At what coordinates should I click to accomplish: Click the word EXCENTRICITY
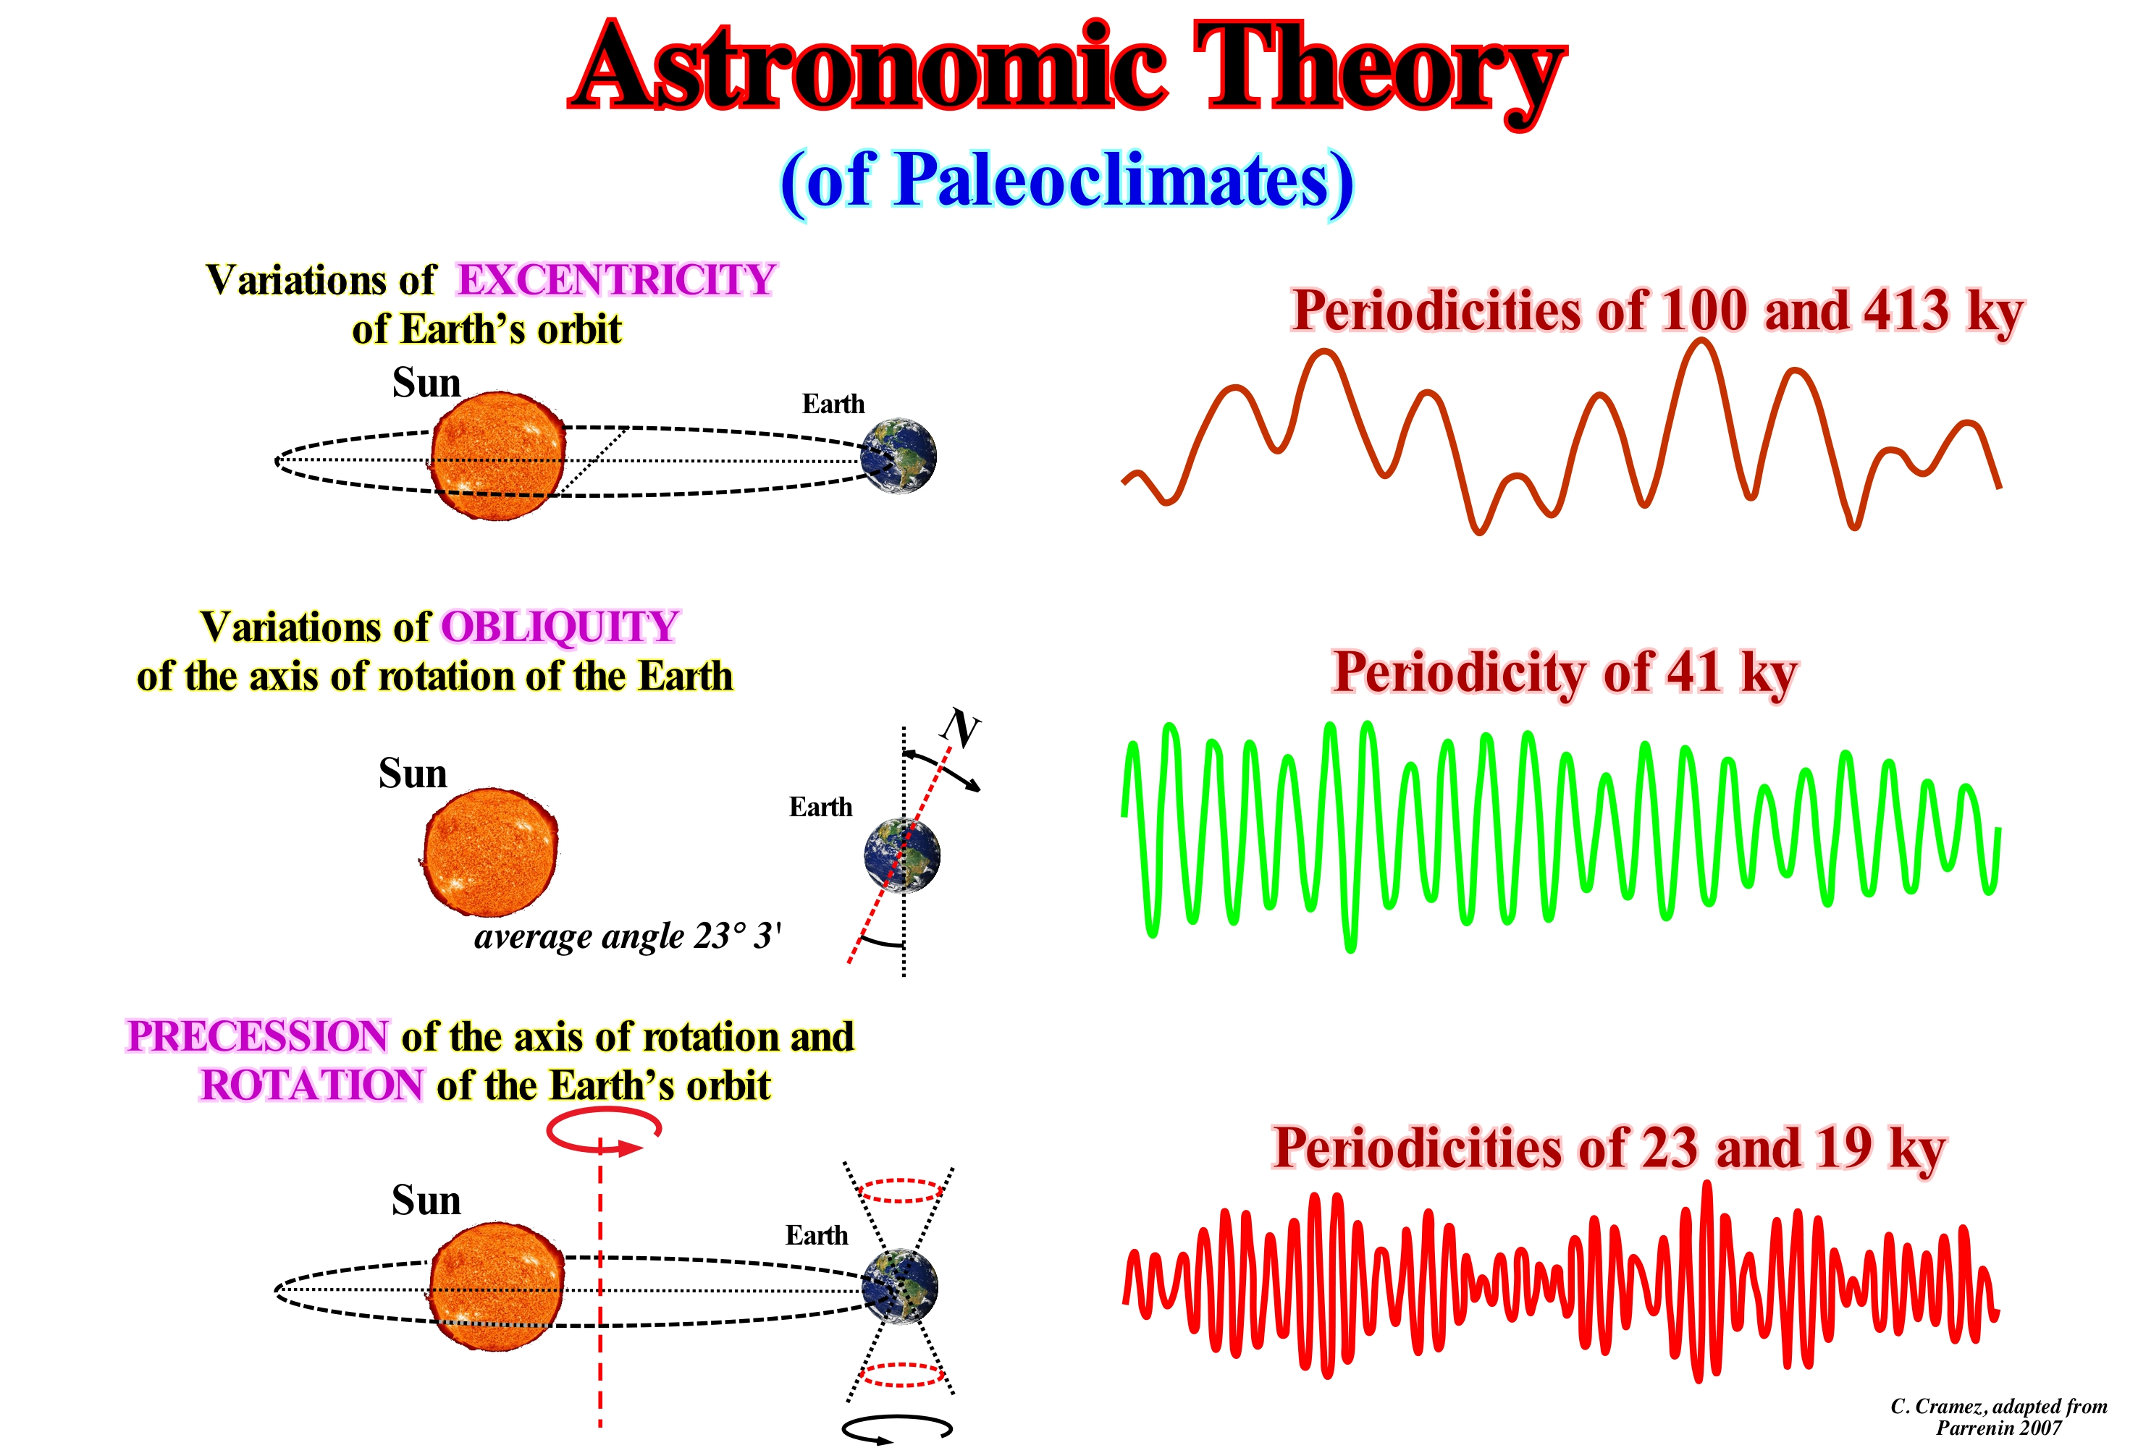[616, 279]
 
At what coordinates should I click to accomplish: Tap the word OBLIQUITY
[560, 627]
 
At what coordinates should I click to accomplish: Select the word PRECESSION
[258, 1036]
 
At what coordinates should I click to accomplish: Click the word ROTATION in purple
[313, 1085]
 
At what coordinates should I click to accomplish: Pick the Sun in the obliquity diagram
[489, 852]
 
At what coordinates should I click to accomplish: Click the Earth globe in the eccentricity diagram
[898, 456]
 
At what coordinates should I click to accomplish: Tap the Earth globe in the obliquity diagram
[903, 855]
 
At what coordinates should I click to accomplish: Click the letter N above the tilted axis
[961, 729]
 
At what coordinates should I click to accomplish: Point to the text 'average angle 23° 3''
[628, 937]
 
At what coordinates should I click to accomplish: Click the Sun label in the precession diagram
[426, 1200]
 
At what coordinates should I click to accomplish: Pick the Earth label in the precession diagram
[817, 1235]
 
